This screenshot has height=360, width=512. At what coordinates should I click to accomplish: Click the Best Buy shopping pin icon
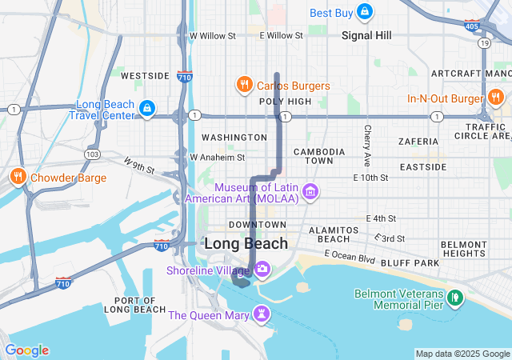365,11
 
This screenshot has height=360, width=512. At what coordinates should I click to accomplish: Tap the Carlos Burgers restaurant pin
243,84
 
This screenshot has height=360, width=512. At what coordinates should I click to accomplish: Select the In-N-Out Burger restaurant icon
495,98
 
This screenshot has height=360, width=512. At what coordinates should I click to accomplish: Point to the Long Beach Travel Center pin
146,109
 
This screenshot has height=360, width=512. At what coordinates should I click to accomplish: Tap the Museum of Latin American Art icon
310,192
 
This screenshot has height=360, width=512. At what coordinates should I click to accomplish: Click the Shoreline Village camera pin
262,270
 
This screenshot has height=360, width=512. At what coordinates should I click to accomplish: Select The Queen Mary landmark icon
262,313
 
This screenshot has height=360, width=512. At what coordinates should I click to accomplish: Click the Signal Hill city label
366,35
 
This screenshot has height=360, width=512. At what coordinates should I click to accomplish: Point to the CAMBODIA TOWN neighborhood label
313,156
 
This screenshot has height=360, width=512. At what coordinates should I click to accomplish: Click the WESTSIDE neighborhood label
145,76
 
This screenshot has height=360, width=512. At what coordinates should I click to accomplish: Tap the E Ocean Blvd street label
350,258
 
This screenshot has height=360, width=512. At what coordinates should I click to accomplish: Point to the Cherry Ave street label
367,141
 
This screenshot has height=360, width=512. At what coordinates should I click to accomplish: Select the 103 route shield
92,154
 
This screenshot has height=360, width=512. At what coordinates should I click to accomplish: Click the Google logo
26,350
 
